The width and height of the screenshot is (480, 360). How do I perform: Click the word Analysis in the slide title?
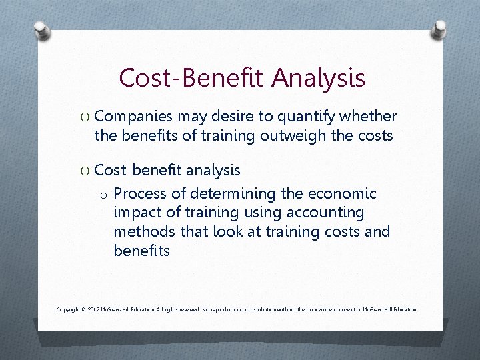tap(318, 78)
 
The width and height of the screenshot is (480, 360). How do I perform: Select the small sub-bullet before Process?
tap(104, 195)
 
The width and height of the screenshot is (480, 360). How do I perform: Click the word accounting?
tap(329, 213)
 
